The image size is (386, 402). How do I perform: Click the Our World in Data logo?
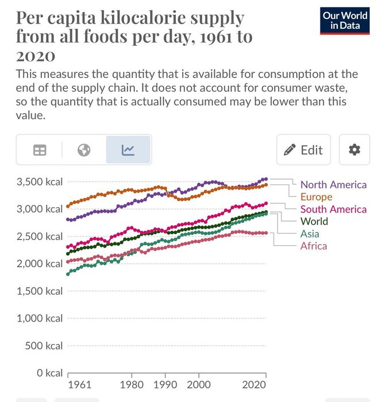pos(345,21)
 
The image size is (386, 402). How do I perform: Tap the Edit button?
pos(304,150)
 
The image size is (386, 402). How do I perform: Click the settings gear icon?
pos(354,150)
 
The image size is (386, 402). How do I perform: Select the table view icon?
pos(40,150)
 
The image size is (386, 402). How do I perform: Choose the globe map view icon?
pos(84,150)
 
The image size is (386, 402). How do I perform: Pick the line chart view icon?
pos(128,150)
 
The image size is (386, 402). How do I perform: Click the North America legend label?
pos(333,184)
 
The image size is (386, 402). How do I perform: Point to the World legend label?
pos(314,221)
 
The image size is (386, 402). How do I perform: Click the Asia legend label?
pos(310,234)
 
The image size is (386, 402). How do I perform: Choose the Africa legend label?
pos(314,246)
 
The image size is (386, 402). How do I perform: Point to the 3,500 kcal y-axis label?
pos(37,182)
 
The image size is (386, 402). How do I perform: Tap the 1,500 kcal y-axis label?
pos(37,291)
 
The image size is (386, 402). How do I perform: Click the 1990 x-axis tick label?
pos(165,385)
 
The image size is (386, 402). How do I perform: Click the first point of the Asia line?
pos(68,274)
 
